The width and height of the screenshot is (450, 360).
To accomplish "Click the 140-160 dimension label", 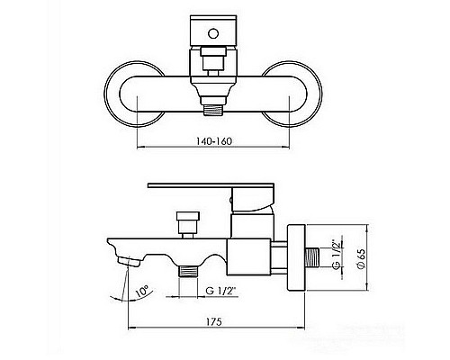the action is pos(214,141).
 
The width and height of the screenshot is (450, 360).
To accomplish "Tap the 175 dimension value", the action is pos(214,322).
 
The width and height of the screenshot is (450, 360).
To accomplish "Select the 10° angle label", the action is pos(142,291).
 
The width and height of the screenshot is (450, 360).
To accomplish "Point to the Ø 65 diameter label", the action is pos(362,258).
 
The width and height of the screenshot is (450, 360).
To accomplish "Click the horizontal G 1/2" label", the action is pos(221,291).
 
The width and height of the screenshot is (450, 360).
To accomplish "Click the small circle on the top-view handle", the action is pos(213,33).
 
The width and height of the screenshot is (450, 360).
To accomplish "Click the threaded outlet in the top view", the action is pos(213,110).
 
